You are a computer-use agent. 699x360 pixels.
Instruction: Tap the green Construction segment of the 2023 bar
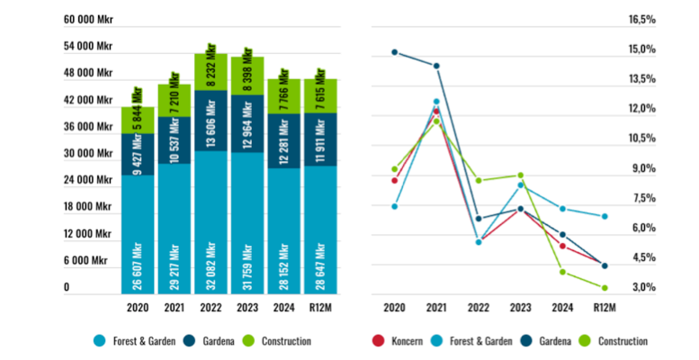(x=247, y=76)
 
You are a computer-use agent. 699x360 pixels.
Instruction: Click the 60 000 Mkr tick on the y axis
(x=88, y=19)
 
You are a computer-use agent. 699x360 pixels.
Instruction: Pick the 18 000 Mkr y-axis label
(x=88, y=207)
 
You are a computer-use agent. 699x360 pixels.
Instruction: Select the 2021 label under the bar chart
(x=175, y=308)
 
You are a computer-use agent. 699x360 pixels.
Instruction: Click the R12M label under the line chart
(x=605, y=308)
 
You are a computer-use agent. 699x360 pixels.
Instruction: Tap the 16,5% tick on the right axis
(x=642, y=19)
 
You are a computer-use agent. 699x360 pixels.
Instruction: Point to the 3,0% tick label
(x=642, y=288)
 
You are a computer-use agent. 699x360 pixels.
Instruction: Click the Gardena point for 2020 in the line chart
(x=394, y=52)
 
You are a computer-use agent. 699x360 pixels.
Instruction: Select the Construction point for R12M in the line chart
(x=605, y=288)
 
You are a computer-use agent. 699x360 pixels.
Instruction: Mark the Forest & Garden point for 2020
(x=394, y=206)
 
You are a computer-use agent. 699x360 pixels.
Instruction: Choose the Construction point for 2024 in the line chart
(x=562, y=272)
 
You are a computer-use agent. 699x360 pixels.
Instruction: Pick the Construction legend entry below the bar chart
(x=278, y=342)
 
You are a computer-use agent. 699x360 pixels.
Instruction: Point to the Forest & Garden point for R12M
(x=605, y=217)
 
